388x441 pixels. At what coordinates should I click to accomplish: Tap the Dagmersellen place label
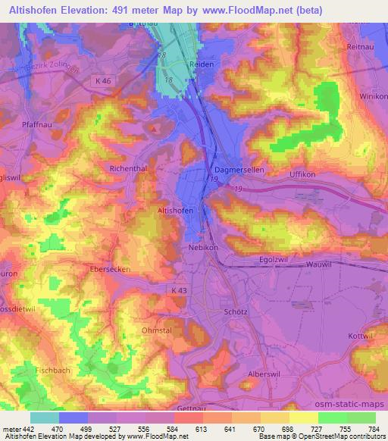239,170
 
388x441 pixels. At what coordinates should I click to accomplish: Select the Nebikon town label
203,247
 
